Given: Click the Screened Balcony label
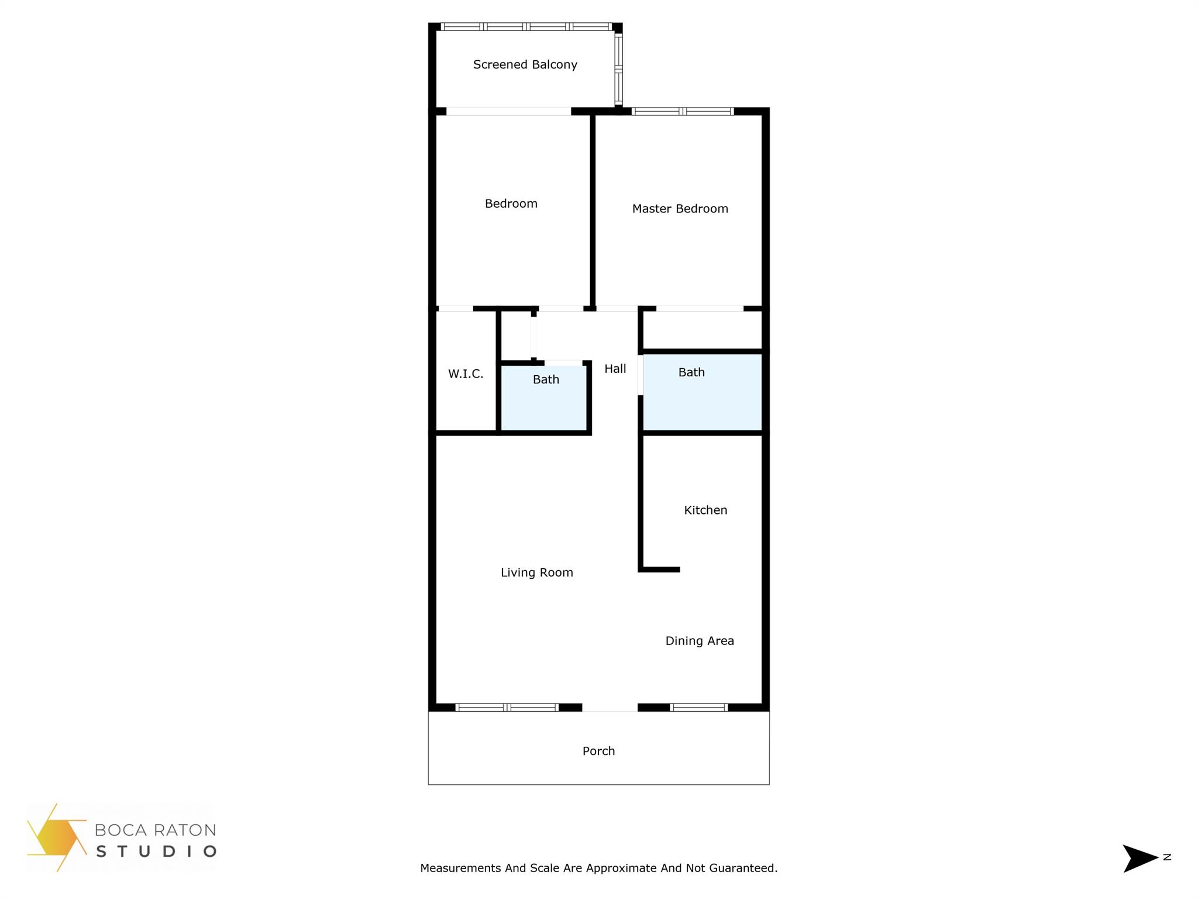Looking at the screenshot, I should point(525,65).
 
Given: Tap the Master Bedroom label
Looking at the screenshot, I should point(680,209).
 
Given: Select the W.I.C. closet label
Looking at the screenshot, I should point(466,374).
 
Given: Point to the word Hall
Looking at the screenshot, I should point(615,369).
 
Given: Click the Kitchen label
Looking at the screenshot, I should point(705,510).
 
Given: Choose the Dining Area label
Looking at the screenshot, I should point(700,641).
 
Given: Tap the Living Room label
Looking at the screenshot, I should point(536,573).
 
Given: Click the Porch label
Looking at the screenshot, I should point(598,751).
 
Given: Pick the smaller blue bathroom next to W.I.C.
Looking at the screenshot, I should point(544,401).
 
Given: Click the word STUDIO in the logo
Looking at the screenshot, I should point(156,851).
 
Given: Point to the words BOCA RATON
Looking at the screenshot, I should point(155,830).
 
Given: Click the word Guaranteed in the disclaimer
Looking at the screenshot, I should point(743,868).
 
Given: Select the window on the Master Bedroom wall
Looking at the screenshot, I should point(683,111).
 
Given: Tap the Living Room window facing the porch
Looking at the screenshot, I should point(507,708).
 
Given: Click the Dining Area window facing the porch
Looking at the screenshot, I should point(698,708).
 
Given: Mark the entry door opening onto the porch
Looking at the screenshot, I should point(610,708).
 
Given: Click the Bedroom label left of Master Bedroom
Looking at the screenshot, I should point(511,204).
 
